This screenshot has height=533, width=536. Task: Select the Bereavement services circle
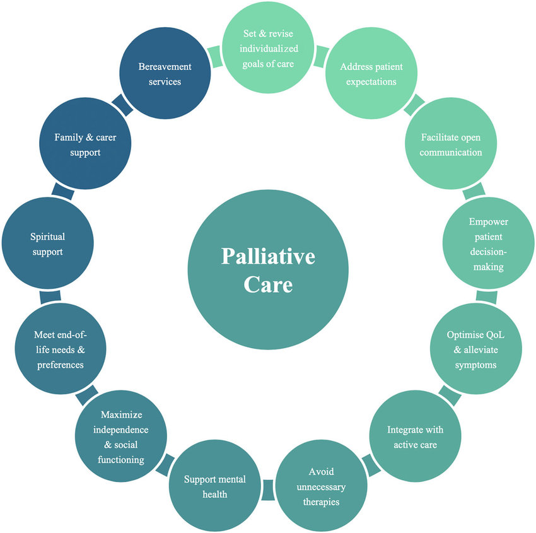coord(165,74)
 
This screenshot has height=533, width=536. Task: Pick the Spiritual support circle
coord(47,244)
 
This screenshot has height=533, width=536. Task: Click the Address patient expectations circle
coord(371,75)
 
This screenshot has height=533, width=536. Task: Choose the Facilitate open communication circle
coord(451,144)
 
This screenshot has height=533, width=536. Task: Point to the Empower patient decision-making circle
coord(488,244)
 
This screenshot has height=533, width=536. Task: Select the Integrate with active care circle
coord(414,437)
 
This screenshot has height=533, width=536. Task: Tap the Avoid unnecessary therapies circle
coord(320,486)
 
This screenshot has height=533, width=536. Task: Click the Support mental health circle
coord(215,486)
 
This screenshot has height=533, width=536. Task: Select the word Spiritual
coord(47,237)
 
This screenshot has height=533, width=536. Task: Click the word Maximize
coord(122,414)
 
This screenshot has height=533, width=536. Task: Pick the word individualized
coord(268,48)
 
